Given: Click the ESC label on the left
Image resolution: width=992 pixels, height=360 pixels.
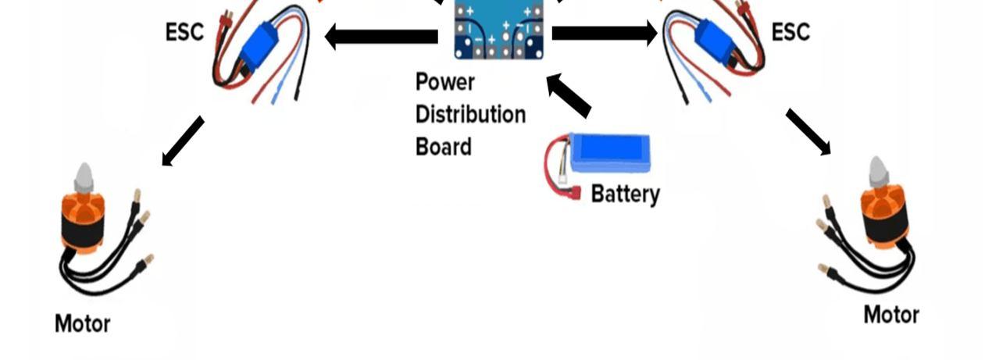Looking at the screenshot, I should [184, 33].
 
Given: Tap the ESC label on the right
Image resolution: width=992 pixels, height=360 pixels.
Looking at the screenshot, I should [790, 33].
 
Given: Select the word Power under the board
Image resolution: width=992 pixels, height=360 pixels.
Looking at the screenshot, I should [444, 82].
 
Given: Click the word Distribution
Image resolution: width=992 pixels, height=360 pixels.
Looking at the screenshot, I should [470, 115].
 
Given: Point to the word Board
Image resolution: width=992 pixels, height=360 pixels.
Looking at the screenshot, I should [443, 147].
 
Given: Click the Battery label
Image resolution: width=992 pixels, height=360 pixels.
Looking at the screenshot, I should [625, 194].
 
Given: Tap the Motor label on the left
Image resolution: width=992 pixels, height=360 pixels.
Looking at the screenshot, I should [82, 323].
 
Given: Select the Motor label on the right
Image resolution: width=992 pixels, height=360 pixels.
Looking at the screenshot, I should [891, 315].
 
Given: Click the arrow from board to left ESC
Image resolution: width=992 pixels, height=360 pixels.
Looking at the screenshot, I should [381, 36].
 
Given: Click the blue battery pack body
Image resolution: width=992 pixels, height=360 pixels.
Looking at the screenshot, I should [609, 151].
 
